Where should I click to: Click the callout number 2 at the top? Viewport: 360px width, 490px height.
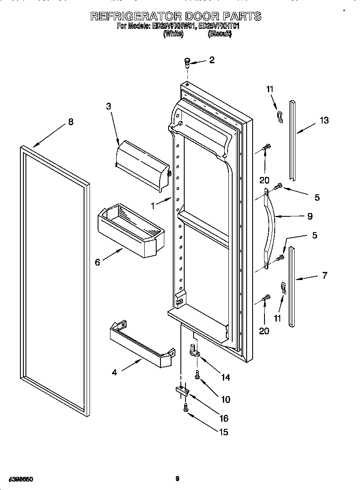click(x=211, y=60)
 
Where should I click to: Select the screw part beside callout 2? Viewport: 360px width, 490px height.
click(x=187, y=63)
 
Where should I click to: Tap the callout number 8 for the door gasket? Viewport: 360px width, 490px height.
click(x=70, y=122)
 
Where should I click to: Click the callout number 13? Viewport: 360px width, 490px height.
click(x=324, y=120)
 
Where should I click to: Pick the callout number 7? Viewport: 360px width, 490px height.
click(x=325, y=275)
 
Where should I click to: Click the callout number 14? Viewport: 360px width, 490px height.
click(x=226, y=377)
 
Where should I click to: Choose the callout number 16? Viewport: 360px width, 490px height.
click(x=224, y=418)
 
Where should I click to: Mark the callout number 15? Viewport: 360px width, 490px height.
click(x=223, y=432)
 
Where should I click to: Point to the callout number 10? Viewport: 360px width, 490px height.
click(x=225, y=399)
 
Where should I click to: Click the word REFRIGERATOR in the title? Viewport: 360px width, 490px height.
click(x=135, y=17)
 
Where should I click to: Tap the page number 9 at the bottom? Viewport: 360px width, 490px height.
click(x=177, y=479)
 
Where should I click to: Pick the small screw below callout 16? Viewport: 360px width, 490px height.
click(x=186, y=408)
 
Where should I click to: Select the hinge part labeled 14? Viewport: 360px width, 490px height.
click(x=194, y=350)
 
